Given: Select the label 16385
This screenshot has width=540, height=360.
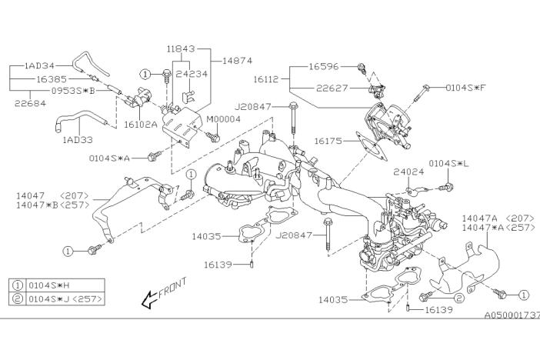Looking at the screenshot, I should pos(52,78).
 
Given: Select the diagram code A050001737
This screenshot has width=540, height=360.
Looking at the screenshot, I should pos(512,315).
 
